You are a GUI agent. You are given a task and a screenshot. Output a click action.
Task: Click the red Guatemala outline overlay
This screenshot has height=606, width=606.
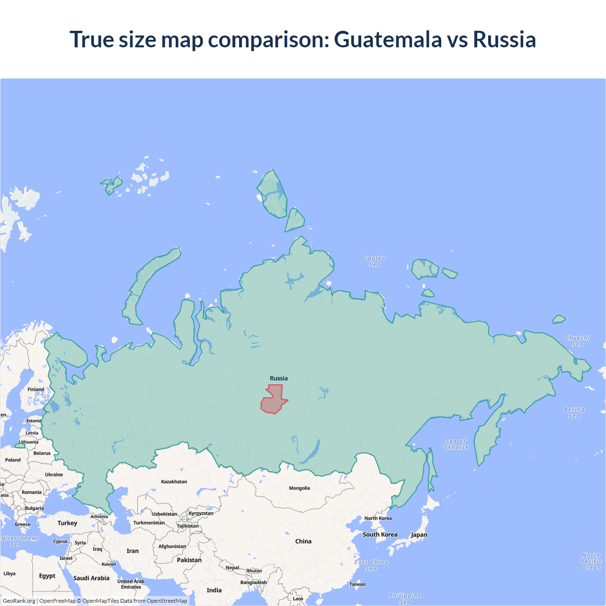pyautogui.click(x=273, y=401)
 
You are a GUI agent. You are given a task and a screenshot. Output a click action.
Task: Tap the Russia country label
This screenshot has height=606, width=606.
pyautogui.click(x=278, y=378)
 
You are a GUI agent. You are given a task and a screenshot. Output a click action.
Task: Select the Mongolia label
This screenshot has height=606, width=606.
pyautogui.click(x=299, y=488)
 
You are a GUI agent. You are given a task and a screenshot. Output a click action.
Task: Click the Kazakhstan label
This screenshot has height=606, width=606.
pyautogui.click(x=174, y=481)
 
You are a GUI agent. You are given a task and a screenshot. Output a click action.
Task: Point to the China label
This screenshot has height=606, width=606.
pyautogui.click(x=303, y=541)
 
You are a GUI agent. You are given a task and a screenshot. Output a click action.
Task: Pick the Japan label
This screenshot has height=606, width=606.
pyautogui.click(x=419, y=535)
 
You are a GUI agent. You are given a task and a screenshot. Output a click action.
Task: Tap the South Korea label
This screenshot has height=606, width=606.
pyautogui.click(x=380, y=535)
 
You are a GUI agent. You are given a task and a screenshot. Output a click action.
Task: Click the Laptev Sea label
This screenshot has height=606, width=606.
pyautogui.click(x=374, y=261)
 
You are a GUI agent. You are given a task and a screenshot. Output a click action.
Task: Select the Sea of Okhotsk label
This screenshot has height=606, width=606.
pyautogui.click(x=455, y=444)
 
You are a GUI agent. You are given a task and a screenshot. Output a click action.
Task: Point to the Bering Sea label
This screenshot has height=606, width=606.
pyautogui.click(x=574, y=412)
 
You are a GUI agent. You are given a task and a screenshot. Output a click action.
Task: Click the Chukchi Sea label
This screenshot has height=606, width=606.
pyautogui.click(x=577, y=341)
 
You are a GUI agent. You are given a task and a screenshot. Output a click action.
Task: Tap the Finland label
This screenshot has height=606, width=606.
pyautogui.click(x=36, y=389)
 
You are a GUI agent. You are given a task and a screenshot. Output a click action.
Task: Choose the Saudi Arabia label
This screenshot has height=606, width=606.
pyautogui.click(x=91, y=578)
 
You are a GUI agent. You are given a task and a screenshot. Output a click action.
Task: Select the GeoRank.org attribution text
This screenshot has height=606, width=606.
pyautogui.click(x=19, y=601)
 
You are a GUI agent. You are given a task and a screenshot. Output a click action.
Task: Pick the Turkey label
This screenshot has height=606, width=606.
pyautogui.click(x=67, y=523)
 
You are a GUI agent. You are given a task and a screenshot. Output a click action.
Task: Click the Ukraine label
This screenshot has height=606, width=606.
pyautogui.click(x=54, y=474)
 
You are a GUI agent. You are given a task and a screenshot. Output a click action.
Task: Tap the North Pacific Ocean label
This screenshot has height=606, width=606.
pyautogui.click(x=591, y=561)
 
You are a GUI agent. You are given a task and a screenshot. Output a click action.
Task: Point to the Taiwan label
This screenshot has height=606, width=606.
pyautogui.click(x=357, y=584)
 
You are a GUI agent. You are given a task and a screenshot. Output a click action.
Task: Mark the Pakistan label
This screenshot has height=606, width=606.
pyautogui.click(x=189, y=560)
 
